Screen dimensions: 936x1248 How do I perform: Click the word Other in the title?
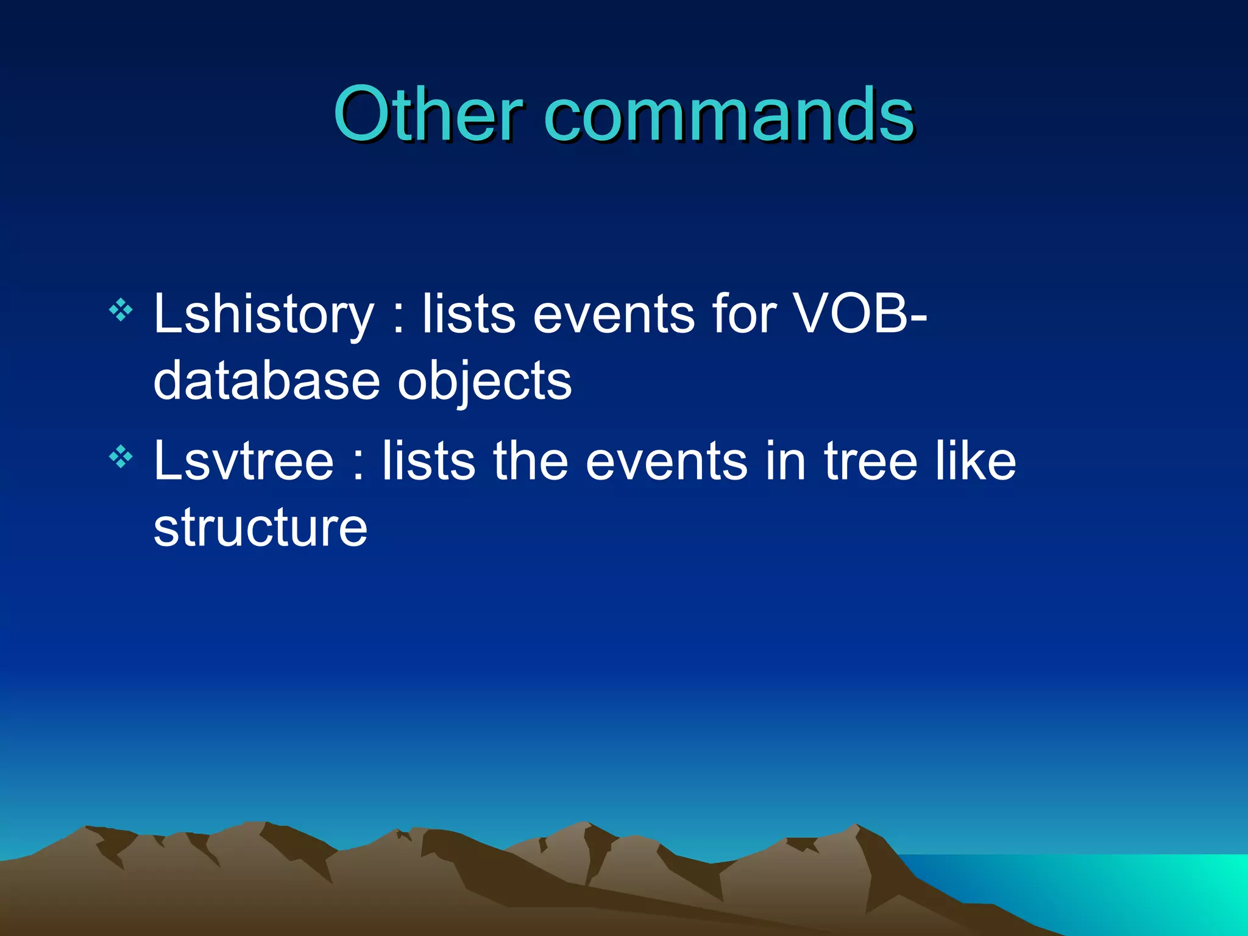[x=427, y=114]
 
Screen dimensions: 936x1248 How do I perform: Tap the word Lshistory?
[x=263, y=315]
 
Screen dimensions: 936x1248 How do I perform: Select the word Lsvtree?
[x=244, y=461]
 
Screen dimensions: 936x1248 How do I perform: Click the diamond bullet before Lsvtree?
[x=121, y=456]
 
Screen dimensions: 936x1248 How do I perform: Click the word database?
[x=267, y=381]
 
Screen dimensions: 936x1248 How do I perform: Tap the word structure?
[x=260, y=527]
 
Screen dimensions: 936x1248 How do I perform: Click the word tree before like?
[x=870, y=461]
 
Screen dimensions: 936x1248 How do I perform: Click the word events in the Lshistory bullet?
[x=614, y=315]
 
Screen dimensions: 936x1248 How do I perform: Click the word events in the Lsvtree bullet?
[x=666, y=461]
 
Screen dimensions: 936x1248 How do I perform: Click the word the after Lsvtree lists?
[x=530, y=461]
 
